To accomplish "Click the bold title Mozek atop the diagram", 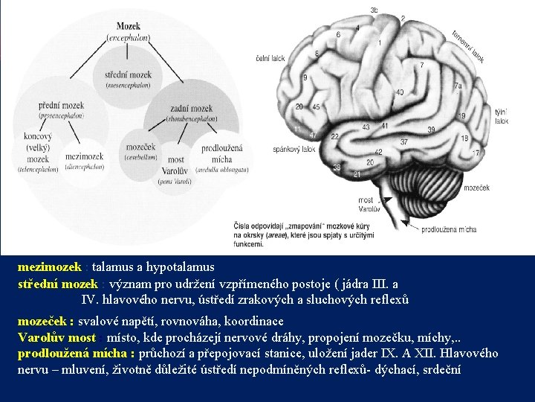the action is tap(128, 26).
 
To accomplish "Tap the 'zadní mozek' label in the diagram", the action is tap(190, 109).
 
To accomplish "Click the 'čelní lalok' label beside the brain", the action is tap(270, 57).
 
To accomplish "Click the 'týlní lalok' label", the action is tap(502, 115).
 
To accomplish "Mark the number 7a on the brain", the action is tap(458, 86).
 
